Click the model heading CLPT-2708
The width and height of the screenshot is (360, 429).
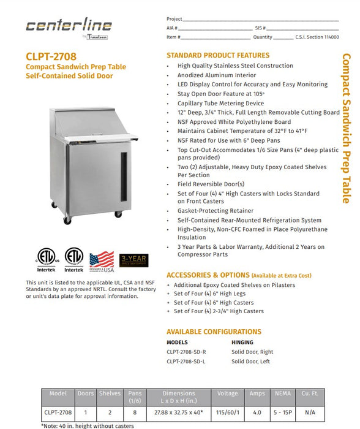[x=51, y=56]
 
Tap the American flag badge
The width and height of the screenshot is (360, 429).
[x=102, y=260]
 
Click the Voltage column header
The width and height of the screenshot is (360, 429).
[x=227, y=393]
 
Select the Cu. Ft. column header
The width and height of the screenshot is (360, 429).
[x=309, y=393]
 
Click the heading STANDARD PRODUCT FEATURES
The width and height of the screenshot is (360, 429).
[x=218, y=55]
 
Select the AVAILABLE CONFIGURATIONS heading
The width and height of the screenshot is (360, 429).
[x=214, y=332]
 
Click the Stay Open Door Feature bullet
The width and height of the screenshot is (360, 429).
[x=221, y=94]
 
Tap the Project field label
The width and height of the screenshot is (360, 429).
[x=175, y=19]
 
